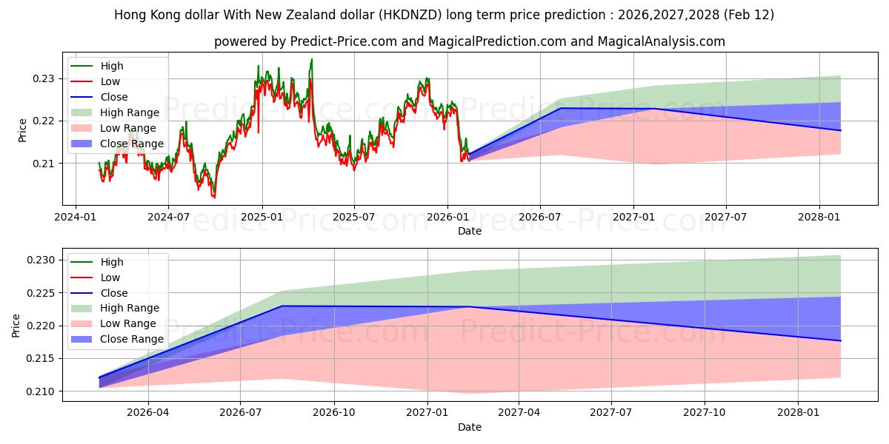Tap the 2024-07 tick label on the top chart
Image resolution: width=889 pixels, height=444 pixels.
click(168, 218)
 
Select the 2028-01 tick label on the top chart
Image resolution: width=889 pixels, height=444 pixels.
click(819, 218)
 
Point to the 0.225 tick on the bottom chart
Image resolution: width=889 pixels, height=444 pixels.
click(41, 293)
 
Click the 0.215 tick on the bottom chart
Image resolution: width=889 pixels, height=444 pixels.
click(41, 359)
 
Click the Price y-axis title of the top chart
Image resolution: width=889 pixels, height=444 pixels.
click(22, 129)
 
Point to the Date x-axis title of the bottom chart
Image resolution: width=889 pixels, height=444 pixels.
click(470, 427)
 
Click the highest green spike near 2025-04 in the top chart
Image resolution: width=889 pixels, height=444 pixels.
click(311, 59)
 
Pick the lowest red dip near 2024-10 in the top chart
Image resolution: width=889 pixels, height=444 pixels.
click(214, 198)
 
